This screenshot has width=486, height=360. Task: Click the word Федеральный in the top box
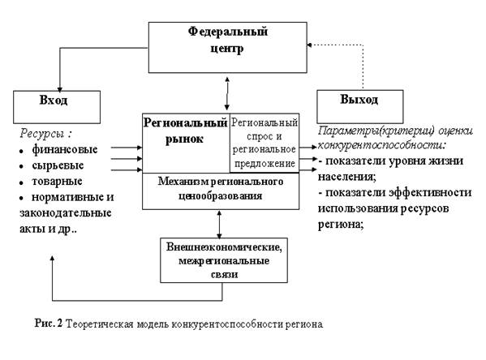coord(227,32)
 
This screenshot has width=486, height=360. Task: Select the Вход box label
coord(54,101)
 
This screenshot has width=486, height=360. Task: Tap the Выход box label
coord(359,100)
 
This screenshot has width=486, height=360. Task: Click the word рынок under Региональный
coord(184,139)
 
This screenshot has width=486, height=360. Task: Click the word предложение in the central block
coord(265,164)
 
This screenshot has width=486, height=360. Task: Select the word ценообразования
coord(221,196)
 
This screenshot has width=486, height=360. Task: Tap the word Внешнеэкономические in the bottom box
coord(224,247)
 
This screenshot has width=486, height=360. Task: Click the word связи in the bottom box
coord(224,275)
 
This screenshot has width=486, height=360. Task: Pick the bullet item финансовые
coord(65,150)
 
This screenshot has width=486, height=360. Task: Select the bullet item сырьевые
coord(58,165)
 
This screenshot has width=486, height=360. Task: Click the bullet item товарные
coord(57,182)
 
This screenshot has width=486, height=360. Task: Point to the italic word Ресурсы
coord(42,134)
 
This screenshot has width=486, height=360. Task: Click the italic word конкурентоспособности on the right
coord(382,145)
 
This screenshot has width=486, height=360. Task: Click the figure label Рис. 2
coord(49,324)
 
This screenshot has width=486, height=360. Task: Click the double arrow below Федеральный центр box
coord(227,93)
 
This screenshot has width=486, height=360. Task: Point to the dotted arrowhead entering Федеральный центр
coord(309,45)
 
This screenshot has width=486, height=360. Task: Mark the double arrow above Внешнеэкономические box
coord(219,225)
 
